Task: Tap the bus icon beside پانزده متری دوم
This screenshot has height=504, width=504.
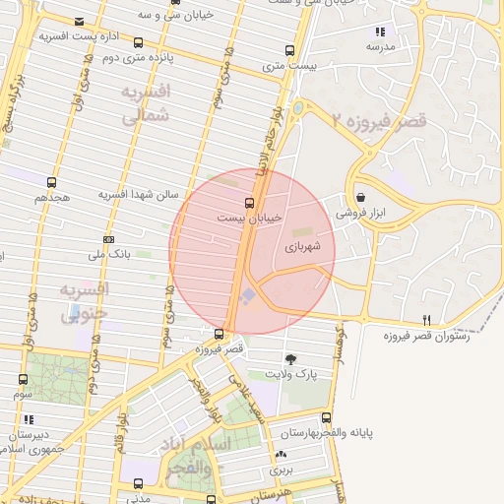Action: pos(137,42)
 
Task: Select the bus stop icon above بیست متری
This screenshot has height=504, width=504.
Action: pos(288,49)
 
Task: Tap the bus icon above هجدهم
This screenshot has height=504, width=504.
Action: pos(51,182)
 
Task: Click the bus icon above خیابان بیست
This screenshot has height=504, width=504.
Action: pos(248,203)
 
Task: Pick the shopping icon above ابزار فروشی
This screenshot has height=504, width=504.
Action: pos(361,197)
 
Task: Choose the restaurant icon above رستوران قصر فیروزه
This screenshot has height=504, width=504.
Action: pos(426,320)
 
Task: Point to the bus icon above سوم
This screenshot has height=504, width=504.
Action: pos(23,379)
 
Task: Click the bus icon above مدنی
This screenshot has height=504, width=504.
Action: pos(138,484)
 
